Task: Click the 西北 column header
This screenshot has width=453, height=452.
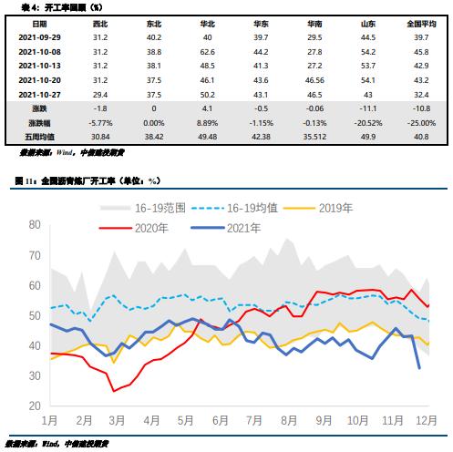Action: coord(100,23)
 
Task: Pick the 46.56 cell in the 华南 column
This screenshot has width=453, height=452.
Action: coord(315,81)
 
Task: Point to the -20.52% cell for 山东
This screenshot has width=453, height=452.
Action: coord(368,122)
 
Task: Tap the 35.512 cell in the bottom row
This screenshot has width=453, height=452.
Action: coord(315,136)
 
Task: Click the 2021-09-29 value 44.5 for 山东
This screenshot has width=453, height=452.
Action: coord(368,37)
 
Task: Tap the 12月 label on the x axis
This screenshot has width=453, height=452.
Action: coord(422,421)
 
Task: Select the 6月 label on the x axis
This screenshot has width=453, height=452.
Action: coord(219,421)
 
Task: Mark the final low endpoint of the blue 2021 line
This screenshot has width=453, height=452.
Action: coord(419,368)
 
